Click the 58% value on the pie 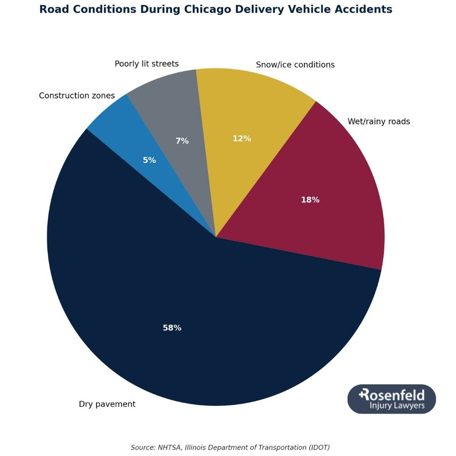(172, 328)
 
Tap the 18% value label (310, 200)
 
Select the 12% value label (241, 139)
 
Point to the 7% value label (182, 141)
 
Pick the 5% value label (149, 161)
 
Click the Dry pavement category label (107, 404)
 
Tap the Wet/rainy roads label (378, 122)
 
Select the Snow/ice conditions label (295, 65)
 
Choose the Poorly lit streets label (147, 64)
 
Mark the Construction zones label (77, 96)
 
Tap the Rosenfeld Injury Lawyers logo (391, 399)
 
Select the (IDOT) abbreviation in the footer (319, 448)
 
